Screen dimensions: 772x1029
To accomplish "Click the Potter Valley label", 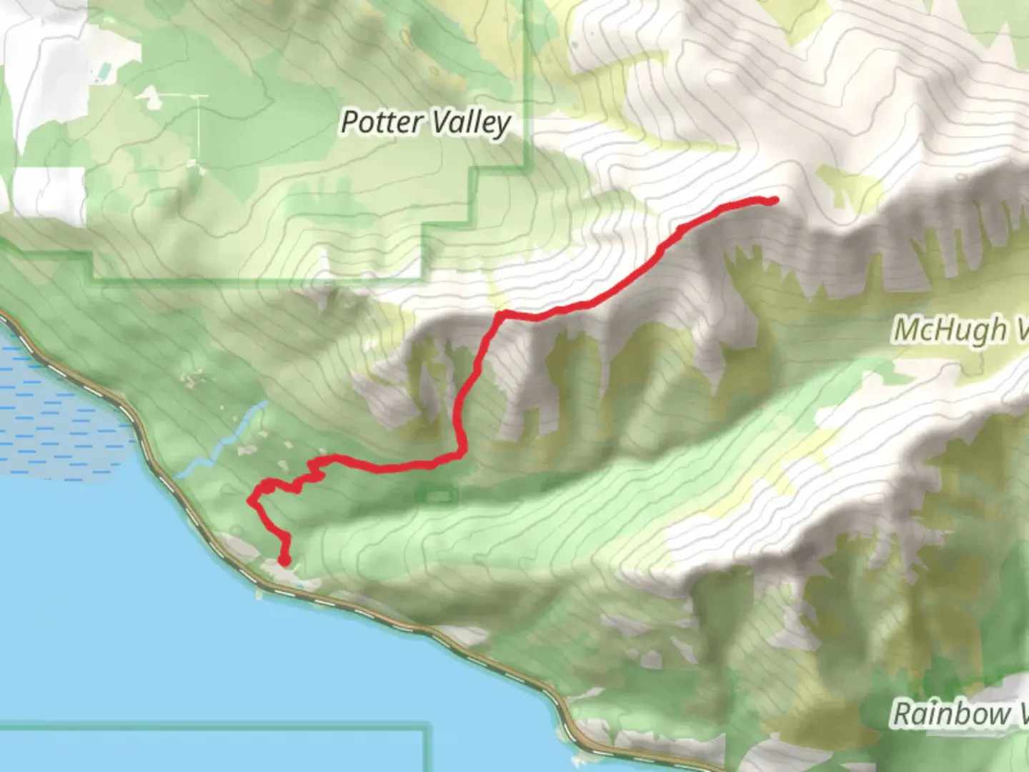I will (425, 123).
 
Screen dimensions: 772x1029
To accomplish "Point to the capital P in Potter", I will (349, 122).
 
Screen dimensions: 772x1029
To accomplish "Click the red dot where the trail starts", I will (284, 561).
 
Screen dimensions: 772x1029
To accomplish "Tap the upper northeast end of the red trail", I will (775, 201).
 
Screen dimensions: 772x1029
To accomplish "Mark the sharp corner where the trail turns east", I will (500, 314).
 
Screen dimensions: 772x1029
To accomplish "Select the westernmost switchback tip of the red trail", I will (251, 500).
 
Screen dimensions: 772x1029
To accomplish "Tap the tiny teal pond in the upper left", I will (104, 71).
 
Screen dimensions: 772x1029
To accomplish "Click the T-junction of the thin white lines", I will (197, 96).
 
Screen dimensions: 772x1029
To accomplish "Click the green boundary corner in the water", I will (427, 729).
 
